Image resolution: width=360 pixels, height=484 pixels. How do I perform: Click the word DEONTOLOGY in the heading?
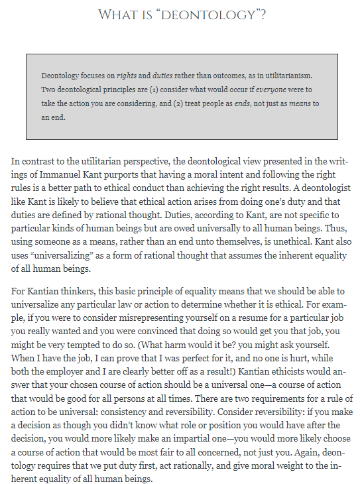click(214, 14)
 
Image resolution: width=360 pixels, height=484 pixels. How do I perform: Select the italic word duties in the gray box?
click(164, 76)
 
